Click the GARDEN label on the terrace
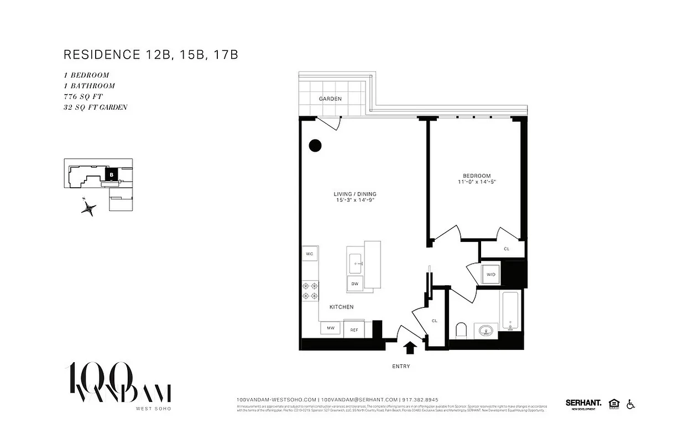click(x=330, y=99)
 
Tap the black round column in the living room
click(x=315, y=146)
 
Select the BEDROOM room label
click(x=476, y=176)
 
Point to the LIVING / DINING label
click(x=354, y=194)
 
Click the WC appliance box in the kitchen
click(x=310, y=254)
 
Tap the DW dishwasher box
click(x=354, y=284)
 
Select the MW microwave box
click(x=331, y=328)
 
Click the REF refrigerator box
click(x=354, y=330)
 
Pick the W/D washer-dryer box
click(x=491, y=275)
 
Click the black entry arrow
click(x=410, y=348)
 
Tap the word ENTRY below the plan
click(x=401, y=367)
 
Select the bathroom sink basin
click(x=487, y=331)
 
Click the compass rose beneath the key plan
click(x=88, y=208)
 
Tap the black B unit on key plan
click(x=112, y=174)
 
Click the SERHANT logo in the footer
click(x=583, y=403)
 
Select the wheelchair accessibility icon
click(x=630, y=404)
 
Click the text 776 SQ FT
click(x=84, y=96)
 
